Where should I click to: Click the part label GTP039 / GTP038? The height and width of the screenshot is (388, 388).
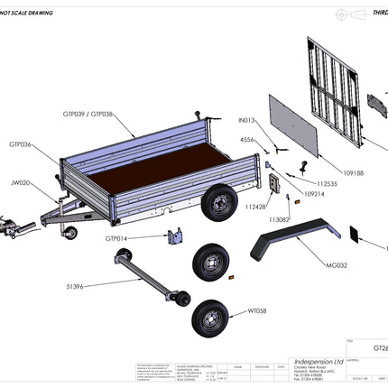(x=88, y=115)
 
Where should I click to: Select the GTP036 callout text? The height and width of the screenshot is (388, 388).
(x=21, y=144)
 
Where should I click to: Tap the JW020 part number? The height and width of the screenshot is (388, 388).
(x=21, y=183)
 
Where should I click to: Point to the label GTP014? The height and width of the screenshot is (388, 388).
(x=116, y=238)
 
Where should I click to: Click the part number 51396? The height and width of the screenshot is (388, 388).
(x=75, y=287)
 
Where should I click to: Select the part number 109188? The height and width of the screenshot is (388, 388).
(x=329, y=172)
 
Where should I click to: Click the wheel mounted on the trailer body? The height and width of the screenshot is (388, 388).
(x=217, y=203)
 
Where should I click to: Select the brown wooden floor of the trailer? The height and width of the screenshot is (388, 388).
(x=153, y=171)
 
